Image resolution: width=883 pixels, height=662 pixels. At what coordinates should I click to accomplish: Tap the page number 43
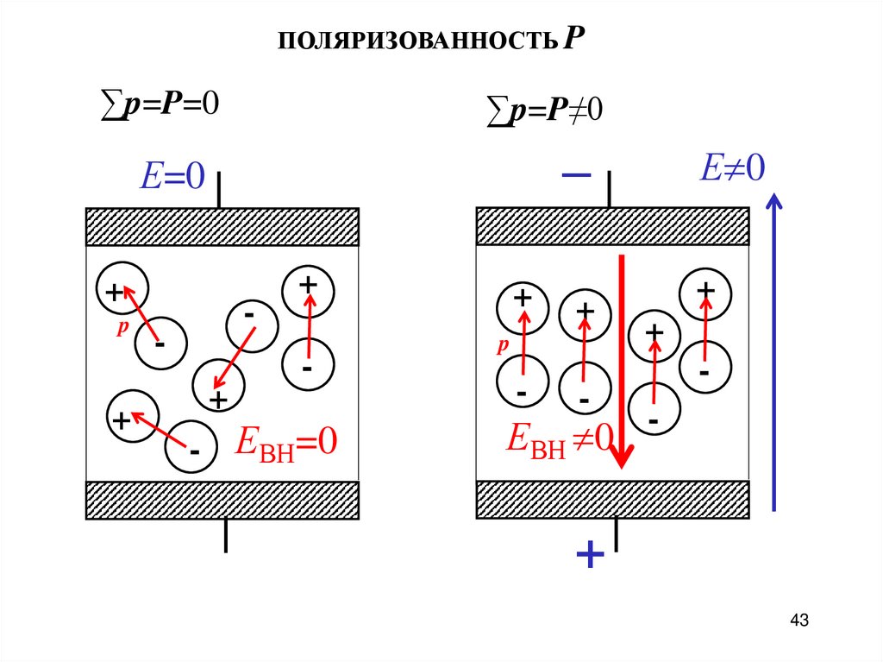(x=799, y=620)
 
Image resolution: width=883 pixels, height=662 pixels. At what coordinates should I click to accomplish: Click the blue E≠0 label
(x=732, y=167)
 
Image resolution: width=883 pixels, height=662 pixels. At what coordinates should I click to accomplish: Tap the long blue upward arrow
(x=774, y=354)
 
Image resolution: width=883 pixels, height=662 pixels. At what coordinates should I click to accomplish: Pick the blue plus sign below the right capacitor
(x=589, y=554)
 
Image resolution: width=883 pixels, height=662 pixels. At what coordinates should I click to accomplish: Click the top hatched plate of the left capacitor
(x=222, y=227)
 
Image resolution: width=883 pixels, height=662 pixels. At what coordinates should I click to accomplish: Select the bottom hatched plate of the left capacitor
(x=222, y=500)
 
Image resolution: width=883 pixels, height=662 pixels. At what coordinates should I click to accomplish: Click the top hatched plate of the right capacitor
(x=612, y=227)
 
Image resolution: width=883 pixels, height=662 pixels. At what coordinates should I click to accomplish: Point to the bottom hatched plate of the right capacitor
(x=612, y=500)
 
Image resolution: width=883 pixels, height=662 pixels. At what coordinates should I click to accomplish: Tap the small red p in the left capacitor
(x=122, y=329)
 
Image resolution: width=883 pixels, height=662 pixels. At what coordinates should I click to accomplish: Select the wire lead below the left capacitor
(x=226, y=535)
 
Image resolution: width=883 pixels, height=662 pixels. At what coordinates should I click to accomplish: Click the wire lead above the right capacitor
(x=610, y=189)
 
